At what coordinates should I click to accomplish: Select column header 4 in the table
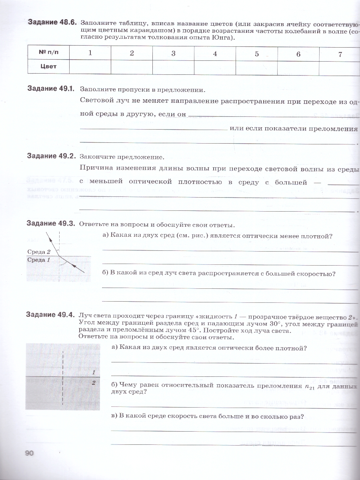click(x=215, y=54)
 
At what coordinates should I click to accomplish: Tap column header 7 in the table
click(x=340, y=54)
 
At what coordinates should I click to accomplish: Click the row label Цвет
click(x=48, y=67)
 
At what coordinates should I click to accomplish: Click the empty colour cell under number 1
click(x=90, y=67)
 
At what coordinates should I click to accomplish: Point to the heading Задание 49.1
click(x=51, y=88)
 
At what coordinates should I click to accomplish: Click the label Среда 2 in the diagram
click(x=39, y=252)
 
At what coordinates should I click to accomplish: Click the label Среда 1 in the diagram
click(x=39, y=260)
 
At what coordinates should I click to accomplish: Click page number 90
click(x=30, y=453)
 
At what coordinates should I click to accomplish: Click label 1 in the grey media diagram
click(x=93, y=372)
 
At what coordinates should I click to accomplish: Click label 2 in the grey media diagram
click(x=93, y=383)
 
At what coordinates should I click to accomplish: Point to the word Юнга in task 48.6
click(x=220, y=38)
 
